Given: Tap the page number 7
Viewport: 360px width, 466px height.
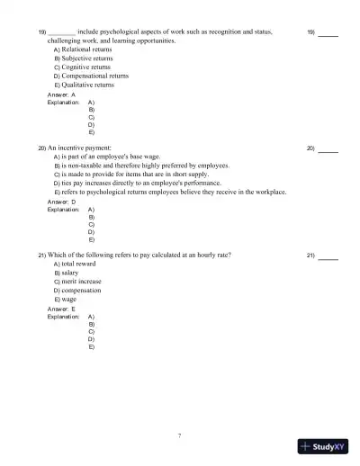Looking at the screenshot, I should (x=179, y=436).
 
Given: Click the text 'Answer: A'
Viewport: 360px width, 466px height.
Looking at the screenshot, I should (x=61, y=94).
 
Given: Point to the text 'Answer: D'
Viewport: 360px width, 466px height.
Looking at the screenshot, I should (x=61, y=202).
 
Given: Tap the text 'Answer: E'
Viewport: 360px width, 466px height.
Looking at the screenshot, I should (x=61, y=309).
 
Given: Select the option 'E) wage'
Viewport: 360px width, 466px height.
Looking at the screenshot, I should (x=69, y=300).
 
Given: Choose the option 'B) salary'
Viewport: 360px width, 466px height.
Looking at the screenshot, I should (x=71, y=273).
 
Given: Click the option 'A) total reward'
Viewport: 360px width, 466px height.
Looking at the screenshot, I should (x=78, y=264).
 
